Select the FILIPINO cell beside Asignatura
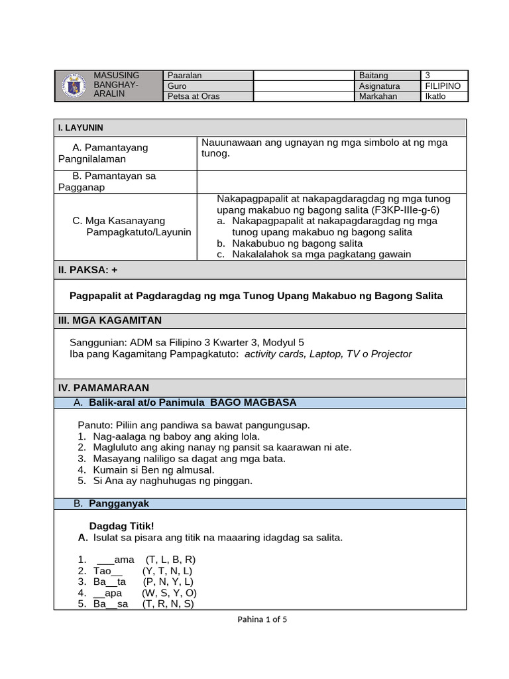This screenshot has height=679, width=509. (444, 86)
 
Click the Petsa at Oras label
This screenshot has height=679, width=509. (194, 96)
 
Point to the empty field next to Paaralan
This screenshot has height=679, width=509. (303, 76)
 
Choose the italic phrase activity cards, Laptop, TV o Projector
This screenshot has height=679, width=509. (328, 354)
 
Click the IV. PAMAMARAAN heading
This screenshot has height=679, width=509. (111, 387)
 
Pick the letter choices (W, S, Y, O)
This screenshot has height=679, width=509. (169, 593)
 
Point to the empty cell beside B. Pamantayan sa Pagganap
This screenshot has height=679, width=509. (331, 181)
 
